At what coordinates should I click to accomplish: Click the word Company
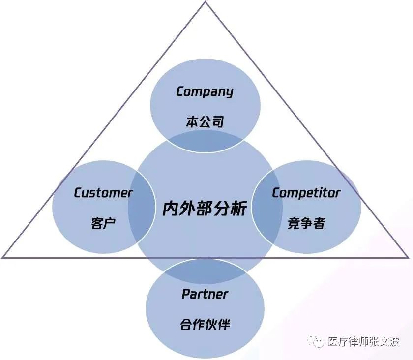205,92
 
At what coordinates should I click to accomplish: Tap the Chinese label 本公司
205,122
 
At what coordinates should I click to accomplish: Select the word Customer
103,193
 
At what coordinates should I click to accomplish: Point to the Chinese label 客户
103,223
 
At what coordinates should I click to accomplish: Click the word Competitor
306,193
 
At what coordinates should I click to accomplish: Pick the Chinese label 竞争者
306,223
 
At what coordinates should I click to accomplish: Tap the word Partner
205,294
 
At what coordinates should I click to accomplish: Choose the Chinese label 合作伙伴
205,324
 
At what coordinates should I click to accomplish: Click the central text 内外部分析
205,208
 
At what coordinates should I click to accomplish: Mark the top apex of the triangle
206,1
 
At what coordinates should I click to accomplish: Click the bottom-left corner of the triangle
2,257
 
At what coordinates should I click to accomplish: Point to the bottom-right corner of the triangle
408,257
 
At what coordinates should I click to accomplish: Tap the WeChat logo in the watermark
316,342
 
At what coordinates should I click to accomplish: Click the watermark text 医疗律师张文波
364,342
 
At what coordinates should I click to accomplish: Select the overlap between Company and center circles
205,141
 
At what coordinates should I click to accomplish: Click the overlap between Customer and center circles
142,207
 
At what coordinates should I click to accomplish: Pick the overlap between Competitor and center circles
267,207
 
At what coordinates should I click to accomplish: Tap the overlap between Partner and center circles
205,271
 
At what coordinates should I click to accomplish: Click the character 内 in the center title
171,209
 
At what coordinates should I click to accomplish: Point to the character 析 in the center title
238,209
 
